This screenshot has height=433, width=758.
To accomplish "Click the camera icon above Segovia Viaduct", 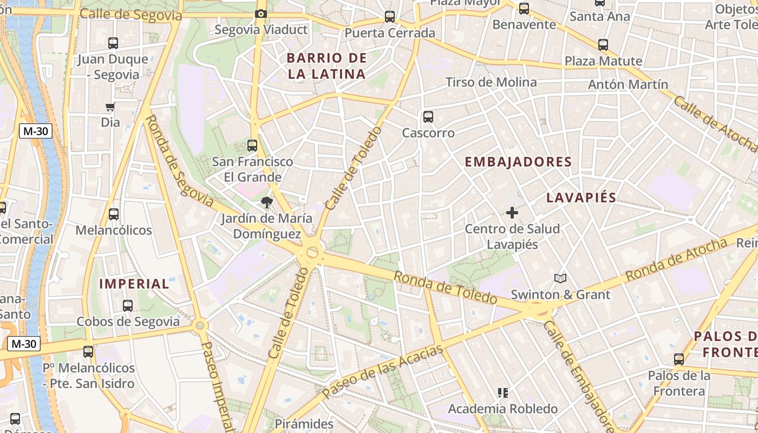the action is click(260, 14).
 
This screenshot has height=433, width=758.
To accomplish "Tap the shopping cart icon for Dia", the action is click(110, 107).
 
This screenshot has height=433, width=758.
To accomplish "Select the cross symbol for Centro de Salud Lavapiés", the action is click(512, 213).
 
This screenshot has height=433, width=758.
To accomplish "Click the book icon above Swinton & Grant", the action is click(560, 279).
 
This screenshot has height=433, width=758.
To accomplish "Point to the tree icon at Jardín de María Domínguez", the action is click(266, 203).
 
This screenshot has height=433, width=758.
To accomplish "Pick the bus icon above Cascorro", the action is click(428, 116).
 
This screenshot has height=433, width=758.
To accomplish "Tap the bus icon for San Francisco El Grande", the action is click(252, 145).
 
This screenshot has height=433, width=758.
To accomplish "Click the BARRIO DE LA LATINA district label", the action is click(327, 66).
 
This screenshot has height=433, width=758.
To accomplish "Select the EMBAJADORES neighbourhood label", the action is click(518, 162).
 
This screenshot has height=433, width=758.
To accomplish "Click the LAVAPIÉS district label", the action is click(581, 198).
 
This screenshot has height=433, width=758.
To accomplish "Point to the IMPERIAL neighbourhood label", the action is click(134, 284).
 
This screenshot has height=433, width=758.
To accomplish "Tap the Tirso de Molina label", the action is click(491, 82).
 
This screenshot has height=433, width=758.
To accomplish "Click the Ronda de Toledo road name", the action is click(445, 287).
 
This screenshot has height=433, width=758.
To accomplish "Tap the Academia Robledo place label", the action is click(502, 409).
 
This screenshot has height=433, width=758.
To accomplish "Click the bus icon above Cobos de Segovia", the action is click(128, 306).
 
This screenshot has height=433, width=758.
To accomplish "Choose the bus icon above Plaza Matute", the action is click(603, 45).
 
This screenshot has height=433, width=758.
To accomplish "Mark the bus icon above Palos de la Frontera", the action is click(679, 359).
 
